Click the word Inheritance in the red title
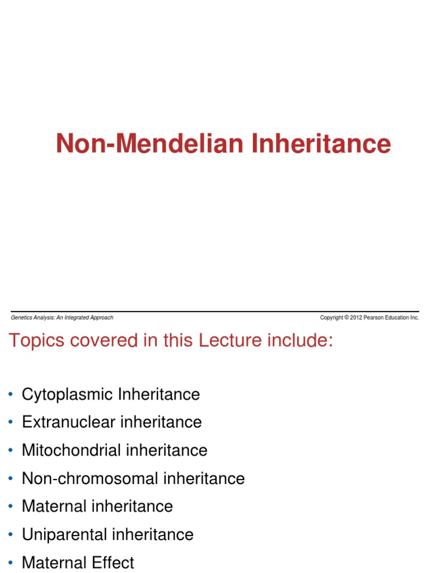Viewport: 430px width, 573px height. tap(321, 144)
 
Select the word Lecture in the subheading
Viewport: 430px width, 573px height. tap(216, 340)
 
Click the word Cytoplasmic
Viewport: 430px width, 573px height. tap(68, 394)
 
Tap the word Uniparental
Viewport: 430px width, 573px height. tap(64, 534)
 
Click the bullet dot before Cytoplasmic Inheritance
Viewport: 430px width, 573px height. tap(11, 395)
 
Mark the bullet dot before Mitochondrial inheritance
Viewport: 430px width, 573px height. tap(11, 450)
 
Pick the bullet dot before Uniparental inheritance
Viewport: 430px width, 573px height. tap(11, 535)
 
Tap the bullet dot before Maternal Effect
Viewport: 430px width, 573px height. tap(11, 563)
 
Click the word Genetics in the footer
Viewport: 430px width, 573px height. tap(21, 318)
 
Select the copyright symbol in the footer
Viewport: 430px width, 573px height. tap(347, 318)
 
